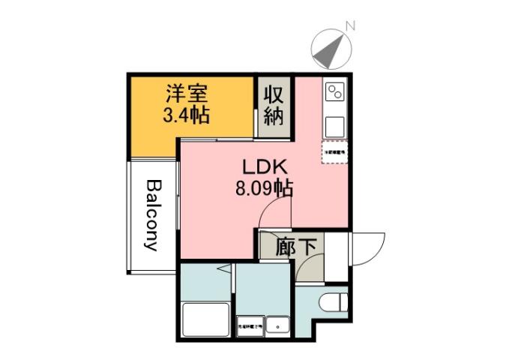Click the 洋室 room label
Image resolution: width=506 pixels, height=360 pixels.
186,94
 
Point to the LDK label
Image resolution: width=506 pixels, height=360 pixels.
261,166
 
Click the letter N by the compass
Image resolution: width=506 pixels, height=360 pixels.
349,26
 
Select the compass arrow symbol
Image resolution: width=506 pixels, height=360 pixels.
331,49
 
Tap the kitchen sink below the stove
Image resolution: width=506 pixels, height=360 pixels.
334,124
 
